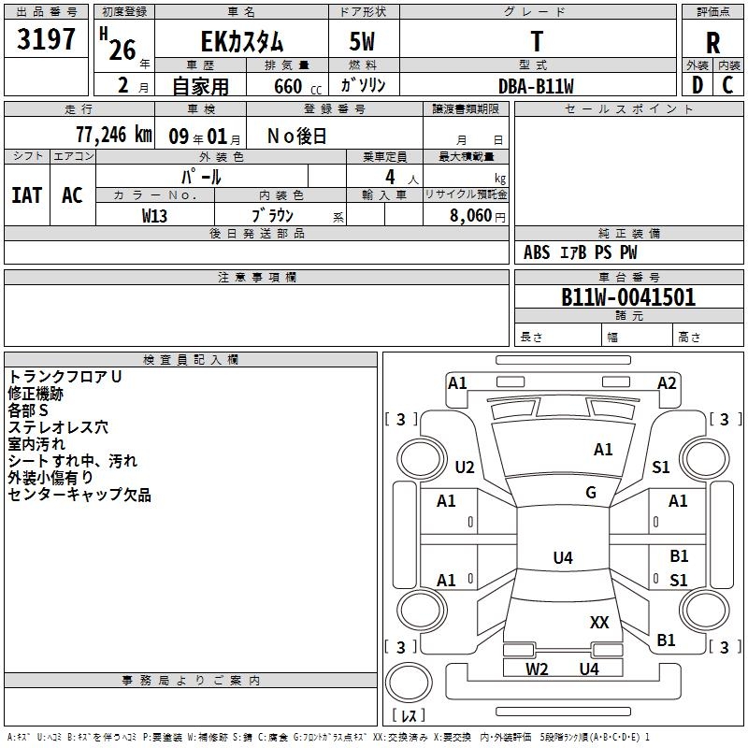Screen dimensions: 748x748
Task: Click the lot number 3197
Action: pos(46,39)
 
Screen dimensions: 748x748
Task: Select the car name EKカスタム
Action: pos(242,41)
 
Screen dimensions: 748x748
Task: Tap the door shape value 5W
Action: pos(362,41)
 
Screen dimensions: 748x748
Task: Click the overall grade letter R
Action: pos(712,43)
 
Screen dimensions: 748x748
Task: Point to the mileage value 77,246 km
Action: pos(114,135)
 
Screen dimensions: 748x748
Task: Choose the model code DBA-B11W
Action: pos(536,86)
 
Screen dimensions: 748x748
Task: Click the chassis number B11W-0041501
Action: pos(628,297)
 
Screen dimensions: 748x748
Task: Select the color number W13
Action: pos(154,216)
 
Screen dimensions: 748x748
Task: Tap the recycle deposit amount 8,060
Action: pos(471,215)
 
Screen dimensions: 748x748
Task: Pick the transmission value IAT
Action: pos(27,195)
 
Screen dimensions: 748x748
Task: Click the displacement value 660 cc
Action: pos(297,87)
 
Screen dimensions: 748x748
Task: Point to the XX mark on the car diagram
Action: pos(599,622)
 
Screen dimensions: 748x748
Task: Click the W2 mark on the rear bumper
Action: pos(537,669)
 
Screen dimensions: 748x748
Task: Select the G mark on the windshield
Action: pos(591,492)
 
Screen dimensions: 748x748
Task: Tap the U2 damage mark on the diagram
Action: pos(465,467)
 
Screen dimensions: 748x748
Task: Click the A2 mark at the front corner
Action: pos(667,383)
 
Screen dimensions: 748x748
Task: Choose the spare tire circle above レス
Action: pos(409,682)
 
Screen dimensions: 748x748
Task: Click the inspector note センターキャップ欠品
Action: pos(79,495)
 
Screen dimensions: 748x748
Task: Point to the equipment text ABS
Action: pos(537,252)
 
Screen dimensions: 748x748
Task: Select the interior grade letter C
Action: pos(727,85)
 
